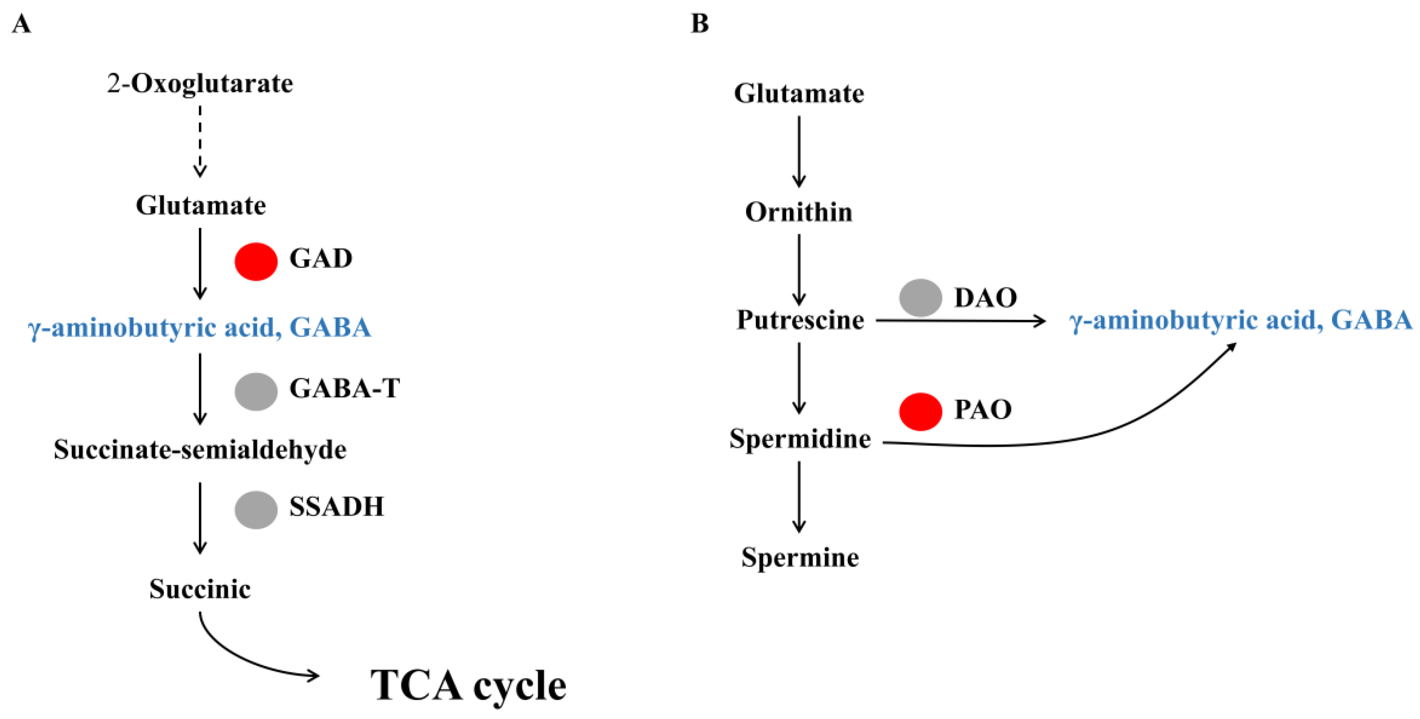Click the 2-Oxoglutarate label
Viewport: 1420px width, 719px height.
pyautogui.click(x=200, y=84)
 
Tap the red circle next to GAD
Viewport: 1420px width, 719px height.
pyautogui.click(x=256, y=262)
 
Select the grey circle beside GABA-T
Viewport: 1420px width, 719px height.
pyautogui.click(x=256, y=392)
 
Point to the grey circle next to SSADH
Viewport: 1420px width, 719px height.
pyautogui.click(x=256, y=509)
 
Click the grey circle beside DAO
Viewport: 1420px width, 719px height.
pyautogui.click(x=920, y=298)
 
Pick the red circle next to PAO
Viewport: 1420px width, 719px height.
pyautogui.click(x=920, y=411)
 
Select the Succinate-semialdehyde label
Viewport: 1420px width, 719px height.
pyautogui.click(x=200, y=449)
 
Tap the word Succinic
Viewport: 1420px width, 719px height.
pyautogui.click(x=200, y=589)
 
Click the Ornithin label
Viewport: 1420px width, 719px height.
pyautogui.click(x=799, y=212)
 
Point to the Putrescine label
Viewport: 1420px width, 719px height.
pyautogui.click(x=800, y=320)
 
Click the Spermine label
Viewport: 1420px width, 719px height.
pyautogui.click(x=800, y=557)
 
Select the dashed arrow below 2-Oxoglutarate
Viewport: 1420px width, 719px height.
pyautogui.click(x=200, y=141)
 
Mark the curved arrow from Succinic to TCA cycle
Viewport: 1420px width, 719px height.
pyautogui.click(x=242, y=659)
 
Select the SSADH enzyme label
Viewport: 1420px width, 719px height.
pyautogui.click(x=336, y=507)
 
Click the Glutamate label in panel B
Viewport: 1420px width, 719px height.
pyautogui.click(x=799, y=93)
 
